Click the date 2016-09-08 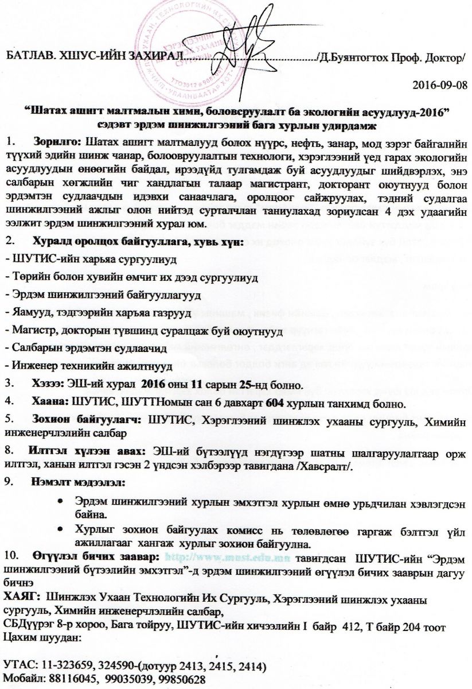440,85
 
